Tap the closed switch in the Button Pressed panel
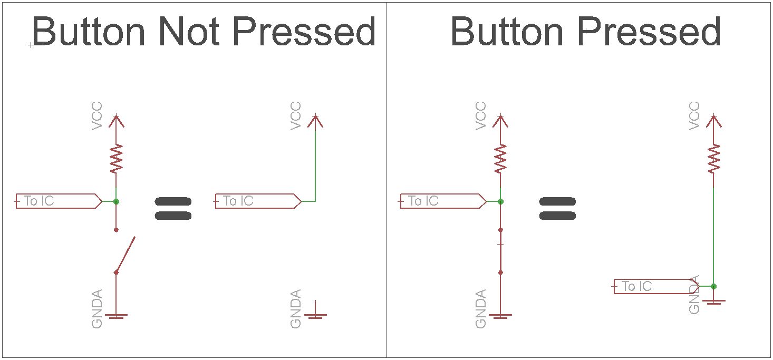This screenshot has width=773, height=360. (500, 251)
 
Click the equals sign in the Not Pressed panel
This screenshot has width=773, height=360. (173, 208)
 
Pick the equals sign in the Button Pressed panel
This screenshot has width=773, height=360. (557, 208)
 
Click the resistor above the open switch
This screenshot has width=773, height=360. (116, 159)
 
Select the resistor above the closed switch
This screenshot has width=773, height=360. (500, 159)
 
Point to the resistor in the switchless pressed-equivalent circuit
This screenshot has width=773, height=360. (713, 159)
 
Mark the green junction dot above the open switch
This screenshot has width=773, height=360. (116, 201)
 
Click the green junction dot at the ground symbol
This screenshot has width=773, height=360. (713, 286)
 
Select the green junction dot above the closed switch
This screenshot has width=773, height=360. (500, 201)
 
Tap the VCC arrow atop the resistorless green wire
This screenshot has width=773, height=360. (315, 121)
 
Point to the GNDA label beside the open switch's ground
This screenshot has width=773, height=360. (97, 309)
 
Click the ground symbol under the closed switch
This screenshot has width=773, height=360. (500, 315)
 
